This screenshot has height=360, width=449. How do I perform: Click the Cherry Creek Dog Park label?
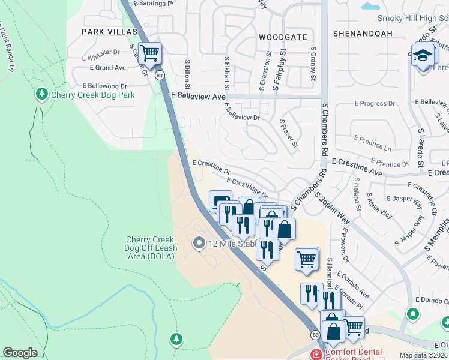pyautogui.click(x=92, y=95)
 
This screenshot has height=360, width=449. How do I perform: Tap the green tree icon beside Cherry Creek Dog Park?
pyautogui.click(x=42, y=94)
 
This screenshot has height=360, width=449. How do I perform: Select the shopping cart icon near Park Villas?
pyautogui.click(x=149, y=52)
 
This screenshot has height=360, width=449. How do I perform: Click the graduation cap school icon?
pyautogui.click(x=423, y=55)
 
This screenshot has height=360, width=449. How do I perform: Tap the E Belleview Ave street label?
pyautogui.click(x=198, y=95)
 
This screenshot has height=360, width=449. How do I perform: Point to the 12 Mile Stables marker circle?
pyautogui.click(x=199, y=243)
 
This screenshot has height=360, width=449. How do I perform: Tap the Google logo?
pyautogui.click(x=20, y=353)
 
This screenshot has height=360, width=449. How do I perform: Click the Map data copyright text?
pyautogui.click(x=423, y=355)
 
